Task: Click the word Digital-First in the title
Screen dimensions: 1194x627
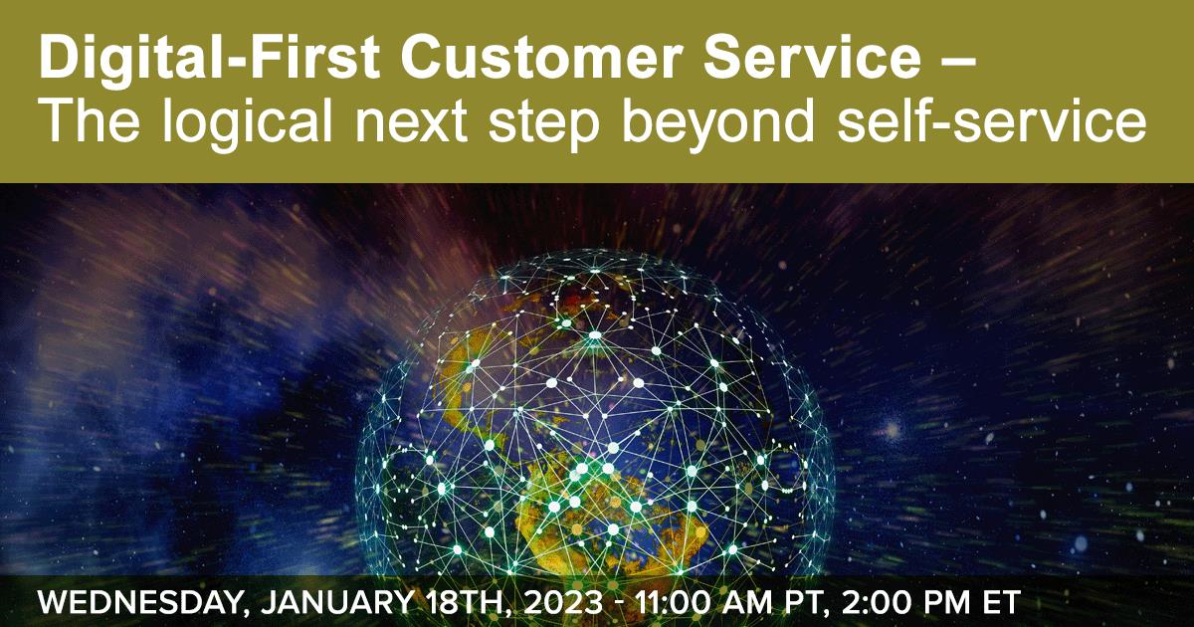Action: [209, 60]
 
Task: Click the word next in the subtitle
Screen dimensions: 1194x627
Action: [411, 123]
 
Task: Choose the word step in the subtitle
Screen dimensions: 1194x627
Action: [543, 125]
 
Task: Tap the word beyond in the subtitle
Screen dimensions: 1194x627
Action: [718, 123]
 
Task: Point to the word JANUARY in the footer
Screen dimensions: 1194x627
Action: [337, 602]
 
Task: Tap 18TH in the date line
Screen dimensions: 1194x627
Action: [468, 602]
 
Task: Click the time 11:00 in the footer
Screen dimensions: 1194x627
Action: [674, 602]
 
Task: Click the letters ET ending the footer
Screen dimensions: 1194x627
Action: [1002, 602]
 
